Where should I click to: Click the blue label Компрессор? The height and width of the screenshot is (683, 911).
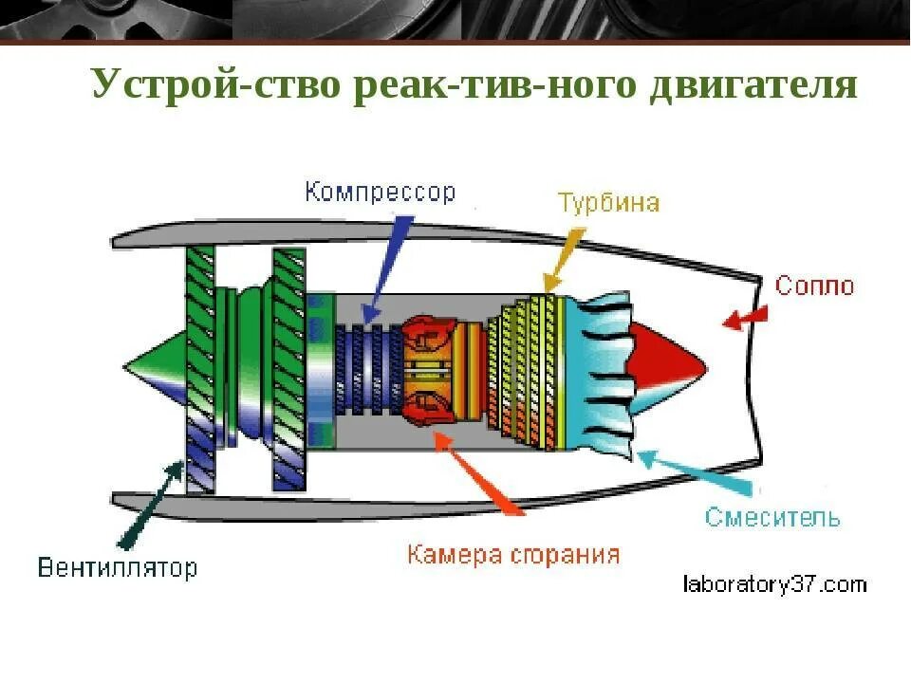coord(380,192)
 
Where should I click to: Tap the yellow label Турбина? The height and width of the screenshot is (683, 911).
coord(607,203)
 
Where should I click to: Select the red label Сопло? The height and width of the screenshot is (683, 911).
coord(814,285)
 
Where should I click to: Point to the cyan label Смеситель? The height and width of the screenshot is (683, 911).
coord(772,517)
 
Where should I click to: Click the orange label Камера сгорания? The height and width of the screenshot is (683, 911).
coord(513,554)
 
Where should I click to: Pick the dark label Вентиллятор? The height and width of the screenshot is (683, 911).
coord(118,567)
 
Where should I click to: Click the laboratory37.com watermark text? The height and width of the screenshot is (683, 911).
coord(774,583)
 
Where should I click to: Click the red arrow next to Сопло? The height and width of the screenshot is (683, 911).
coord(745,318)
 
